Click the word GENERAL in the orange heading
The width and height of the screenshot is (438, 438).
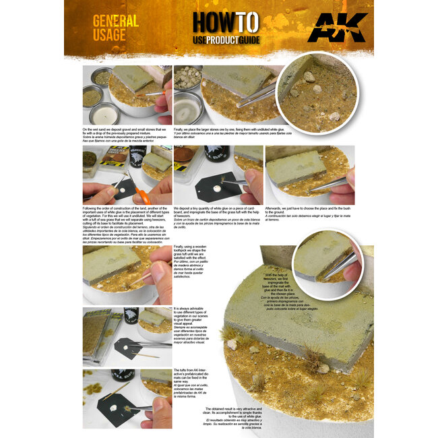116,22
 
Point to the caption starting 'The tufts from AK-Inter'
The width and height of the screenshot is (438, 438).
194,386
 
